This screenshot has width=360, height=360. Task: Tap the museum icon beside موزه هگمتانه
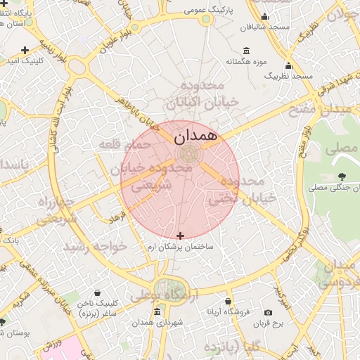[x=245, y=51]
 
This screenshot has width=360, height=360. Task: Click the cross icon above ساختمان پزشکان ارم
[x=181, y=236]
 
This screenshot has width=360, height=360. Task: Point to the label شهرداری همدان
[x=156, y=322]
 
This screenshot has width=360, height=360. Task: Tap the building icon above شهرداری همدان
[x=156, y=311]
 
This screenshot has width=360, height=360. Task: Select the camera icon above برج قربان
[x=268, y=312]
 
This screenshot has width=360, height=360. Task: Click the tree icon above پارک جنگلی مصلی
[x=342, y=176]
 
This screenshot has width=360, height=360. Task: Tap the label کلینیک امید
[x=25, y=61]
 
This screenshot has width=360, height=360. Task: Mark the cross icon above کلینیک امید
[x=25, y=50]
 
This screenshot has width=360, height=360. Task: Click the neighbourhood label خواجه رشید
[x=96, y=247]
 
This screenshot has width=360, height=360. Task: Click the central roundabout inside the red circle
[x=188, y=154]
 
